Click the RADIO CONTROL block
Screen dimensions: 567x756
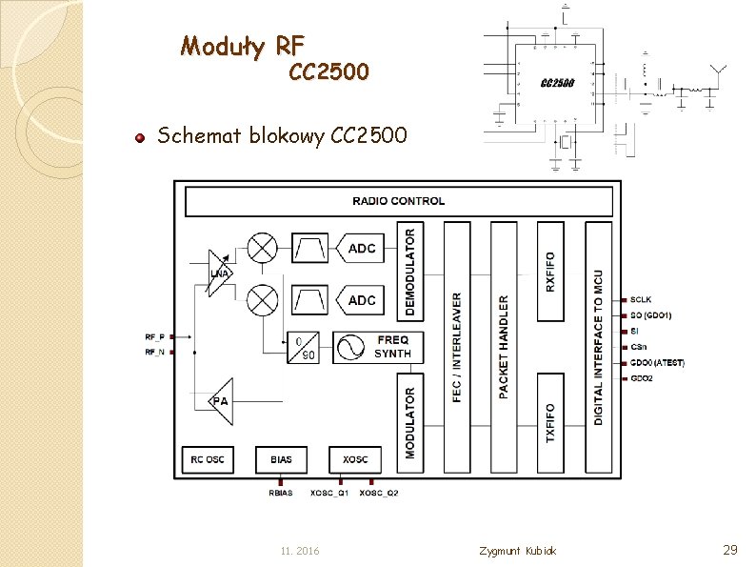pos(398,201)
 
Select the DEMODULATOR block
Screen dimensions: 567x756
pos(410,272)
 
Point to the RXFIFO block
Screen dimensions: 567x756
pos(550,272)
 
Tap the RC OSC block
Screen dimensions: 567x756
pos(209,459)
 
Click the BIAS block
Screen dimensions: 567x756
pos(281,459)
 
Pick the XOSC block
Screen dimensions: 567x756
pos(354,459)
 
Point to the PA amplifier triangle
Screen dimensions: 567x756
pos(220,401)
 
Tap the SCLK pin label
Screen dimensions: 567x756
pos(641,299)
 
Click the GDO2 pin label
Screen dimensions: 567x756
pos(642,378)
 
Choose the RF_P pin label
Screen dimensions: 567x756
pos(154,336)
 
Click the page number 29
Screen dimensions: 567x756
pos(731,550)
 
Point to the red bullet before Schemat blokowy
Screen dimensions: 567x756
pos(139,137)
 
